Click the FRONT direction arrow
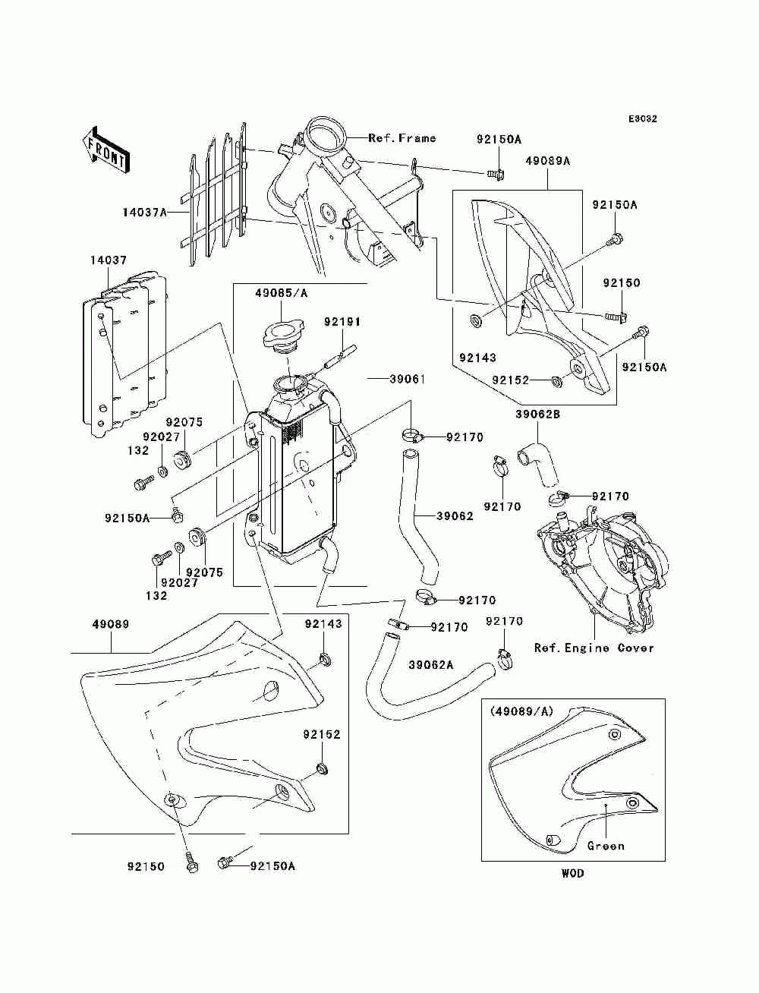[x=106, y=150]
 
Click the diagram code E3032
[x=642, y=119]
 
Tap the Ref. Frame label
[x=402, y=138]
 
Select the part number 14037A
[x=145, y=212]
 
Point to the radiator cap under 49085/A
[x=282, y=338]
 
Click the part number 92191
[x=342, y=322]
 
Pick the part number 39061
[x=408, y=379]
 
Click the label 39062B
[x=538, y=414]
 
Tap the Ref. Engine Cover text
[x=594, y=648]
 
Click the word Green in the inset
[x=606, y=846]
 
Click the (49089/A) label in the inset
[x=521, y=711]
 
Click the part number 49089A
[x=547, y=161]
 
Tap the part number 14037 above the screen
[x=108, y=260]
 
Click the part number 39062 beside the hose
[x=455, y=515]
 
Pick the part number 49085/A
[x=281, y=293]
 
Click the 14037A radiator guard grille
[x=214, y=195]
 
